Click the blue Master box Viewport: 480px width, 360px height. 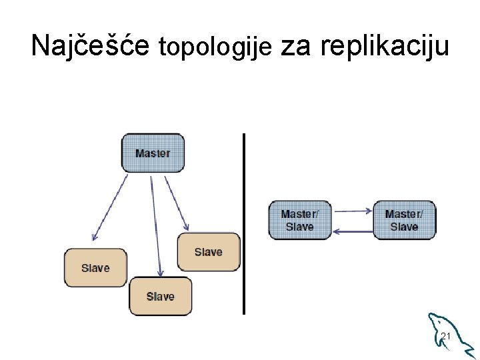click(153, 153)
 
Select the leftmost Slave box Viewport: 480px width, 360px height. click(95, 268)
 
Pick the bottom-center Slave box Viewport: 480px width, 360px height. click(160, 296)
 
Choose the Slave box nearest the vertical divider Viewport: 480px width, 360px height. click(208, 252)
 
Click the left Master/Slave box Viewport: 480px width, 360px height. click(299, 220)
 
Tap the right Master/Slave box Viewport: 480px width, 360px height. click(404, 220)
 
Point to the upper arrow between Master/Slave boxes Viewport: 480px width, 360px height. click(353, 211)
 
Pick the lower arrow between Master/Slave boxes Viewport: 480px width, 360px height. click(353, 231)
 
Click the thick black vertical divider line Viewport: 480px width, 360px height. click(244, 223)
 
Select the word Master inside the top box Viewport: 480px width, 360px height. click(153, 153)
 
